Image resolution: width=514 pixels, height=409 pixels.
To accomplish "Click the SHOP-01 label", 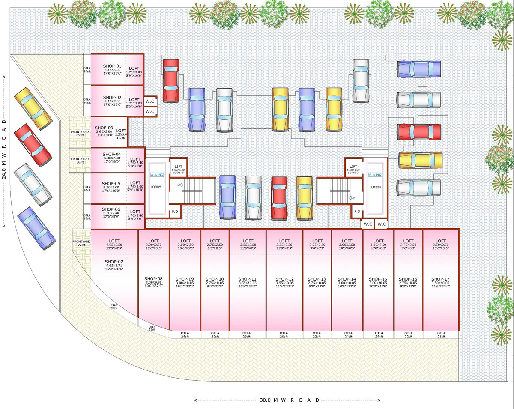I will point(112,66).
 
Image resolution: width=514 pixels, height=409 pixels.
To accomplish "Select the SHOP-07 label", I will point(114,262).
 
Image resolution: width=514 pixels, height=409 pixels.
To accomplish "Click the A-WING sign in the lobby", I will point(157,175).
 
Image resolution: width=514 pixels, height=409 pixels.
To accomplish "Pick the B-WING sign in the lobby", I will point(376,175).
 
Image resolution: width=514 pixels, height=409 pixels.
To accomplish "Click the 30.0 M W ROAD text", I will point(289,400).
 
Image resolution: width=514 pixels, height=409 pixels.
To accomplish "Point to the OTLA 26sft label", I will point(152,328).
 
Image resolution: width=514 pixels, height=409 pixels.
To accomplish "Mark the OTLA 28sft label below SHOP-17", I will point(441,335).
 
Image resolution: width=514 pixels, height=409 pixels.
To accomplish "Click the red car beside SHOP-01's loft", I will point(170,80).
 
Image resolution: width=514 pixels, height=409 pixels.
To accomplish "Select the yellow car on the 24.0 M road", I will point(33,108).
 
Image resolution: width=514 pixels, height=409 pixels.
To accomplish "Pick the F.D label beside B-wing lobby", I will point(356,211).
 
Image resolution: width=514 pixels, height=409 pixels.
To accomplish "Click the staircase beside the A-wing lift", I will point(197,191).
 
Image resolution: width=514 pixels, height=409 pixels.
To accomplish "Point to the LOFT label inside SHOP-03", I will point(121,131).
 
